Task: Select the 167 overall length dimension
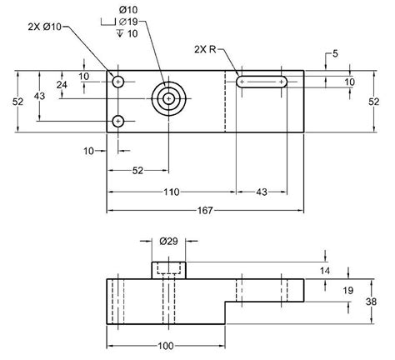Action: [x=205, y=210]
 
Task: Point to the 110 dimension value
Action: [x=170, y=192]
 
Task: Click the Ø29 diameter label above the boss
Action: [x=169, y=241]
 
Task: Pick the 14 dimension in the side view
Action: [x=325, y=271]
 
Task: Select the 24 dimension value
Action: [x=62, y=85]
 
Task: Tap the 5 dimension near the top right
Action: [x=334, y=54]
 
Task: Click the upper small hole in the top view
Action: [x=118, y=82]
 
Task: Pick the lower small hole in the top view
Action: [x=118, y=122]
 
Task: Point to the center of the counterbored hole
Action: [x=169, y=98]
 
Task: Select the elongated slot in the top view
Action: [x=262, y=82]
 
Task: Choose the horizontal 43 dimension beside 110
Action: [x=260, y=192]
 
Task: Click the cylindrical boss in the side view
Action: [x=169, y=269]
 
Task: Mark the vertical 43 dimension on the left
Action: [x=39, y=97]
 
